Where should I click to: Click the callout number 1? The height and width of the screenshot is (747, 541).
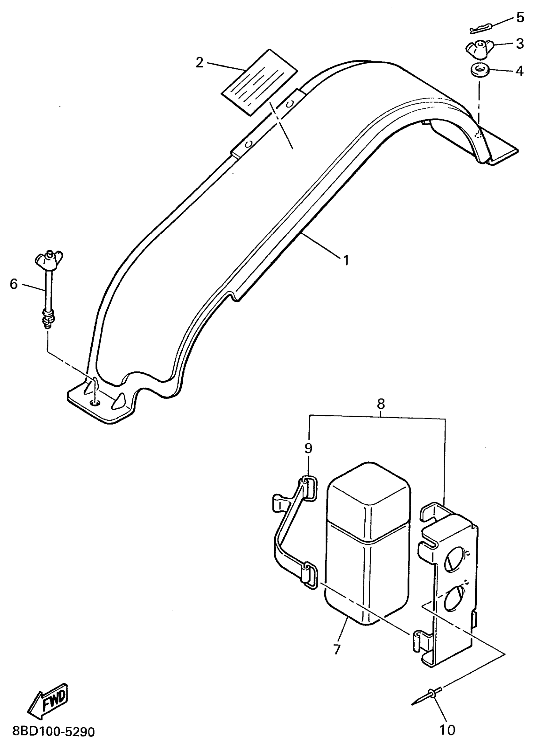pos(346,260)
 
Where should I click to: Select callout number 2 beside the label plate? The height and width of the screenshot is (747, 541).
pos(200,63)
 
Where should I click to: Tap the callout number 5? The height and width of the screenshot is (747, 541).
pos(520,17)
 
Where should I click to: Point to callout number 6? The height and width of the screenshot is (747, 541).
pos(13,284)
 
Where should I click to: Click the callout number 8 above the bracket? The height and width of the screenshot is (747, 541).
pos(381,404)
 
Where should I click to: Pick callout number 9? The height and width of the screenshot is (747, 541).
pos(308,449)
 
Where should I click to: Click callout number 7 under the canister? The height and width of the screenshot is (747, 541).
pos(337,649)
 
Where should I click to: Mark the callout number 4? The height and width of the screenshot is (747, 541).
pos(519,71)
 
